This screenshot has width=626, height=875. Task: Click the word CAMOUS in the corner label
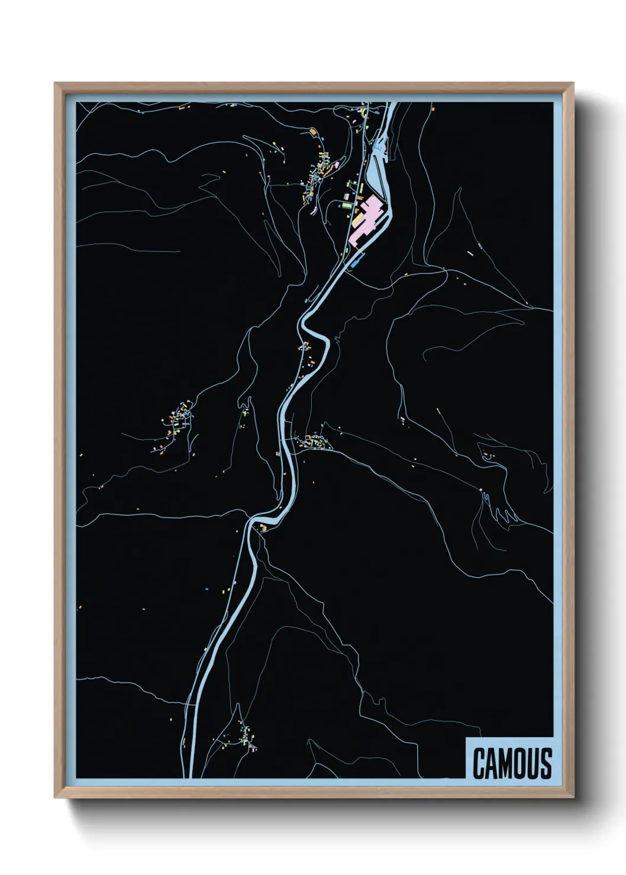[x=512, y=763]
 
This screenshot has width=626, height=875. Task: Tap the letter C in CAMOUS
[x=479, y=763]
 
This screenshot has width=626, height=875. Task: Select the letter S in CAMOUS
[x=546, y=763]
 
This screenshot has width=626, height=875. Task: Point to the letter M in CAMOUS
[x=506, y=763]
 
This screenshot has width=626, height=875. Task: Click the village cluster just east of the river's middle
[x=312, y=441]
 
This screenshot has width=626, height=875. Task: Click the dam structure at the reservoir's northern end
[x=378, y=144]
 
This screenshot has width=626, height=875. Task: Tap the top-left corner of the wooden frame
[x=55, y=83]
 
